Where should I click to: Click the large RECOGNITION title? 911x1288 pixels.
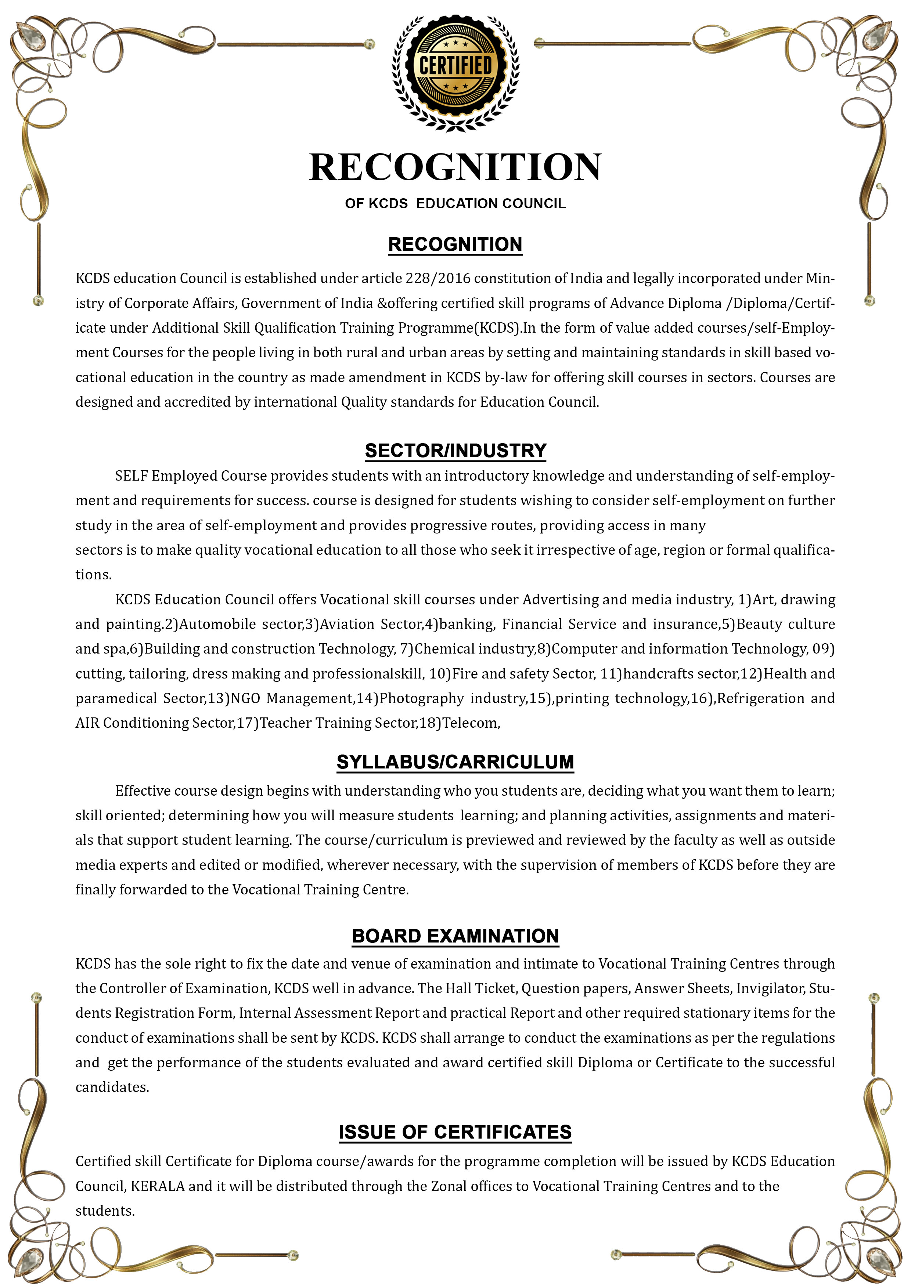click(x=455, y=167)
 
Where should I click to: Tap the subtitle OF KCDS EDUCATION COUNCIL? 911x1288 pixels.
click(x=455, y=204)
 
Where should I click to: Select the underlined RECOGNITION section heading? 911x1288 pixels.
click(x=455, y=245)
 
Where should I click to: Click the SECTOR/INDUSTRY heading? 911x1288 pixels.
click(x=455, y=451)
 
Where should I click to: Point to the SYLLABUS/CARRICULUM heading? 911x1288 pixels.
click(x=455, y=762)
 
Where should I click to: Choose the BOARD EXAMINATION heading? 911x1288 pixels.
click(x=455, y=936)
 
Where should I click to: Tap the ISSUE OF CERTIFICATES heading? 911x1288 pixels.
click(x=455, y=1132)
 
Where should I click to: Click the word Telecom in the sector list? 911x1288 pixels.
click(x=470, y=723)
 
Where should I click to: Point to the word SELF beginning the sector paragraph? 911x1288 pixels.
click(x=132, y=476)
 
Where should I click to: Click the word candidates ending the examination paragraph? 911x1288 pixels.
click(x=112, y=1087)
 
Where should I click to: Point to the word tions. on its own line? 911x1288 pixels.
click(x=94, y=575)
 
